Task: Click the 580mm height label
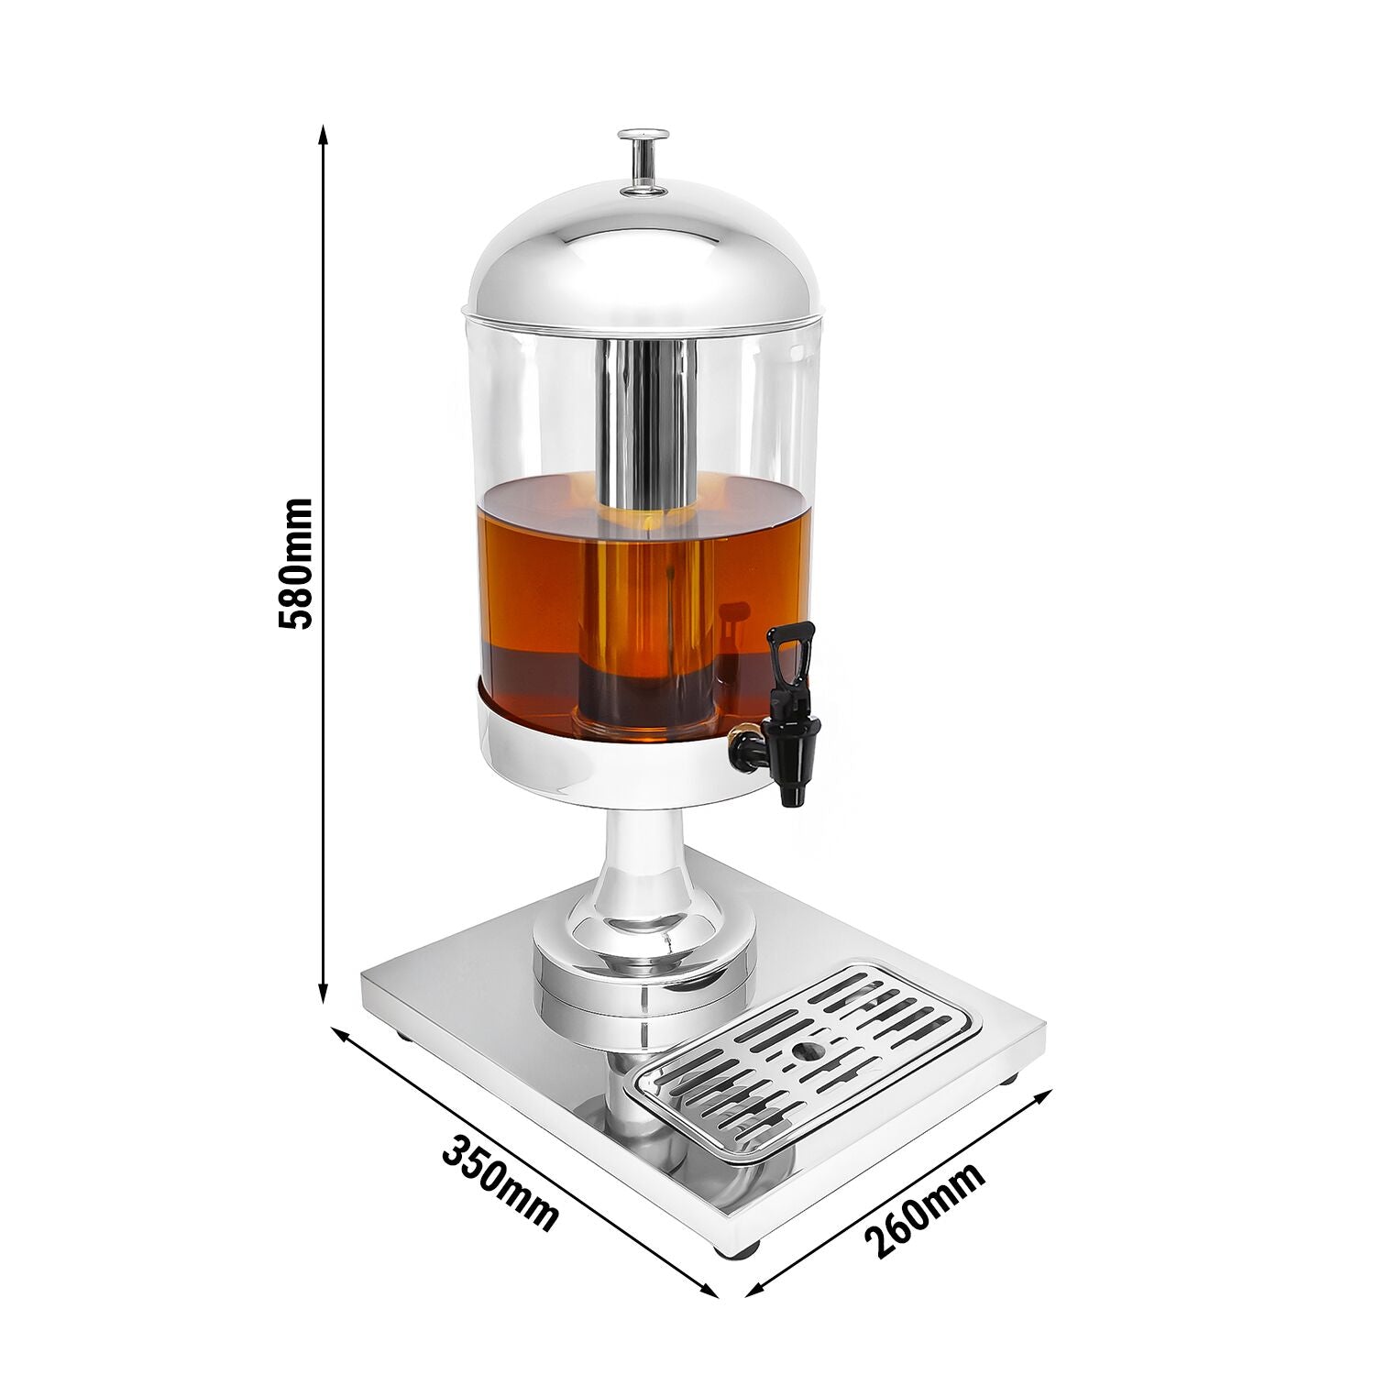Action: click(295, 563)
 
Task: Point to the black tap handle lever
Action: click(791, 662)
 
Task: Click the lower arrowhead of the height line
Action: click(323, 992)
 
